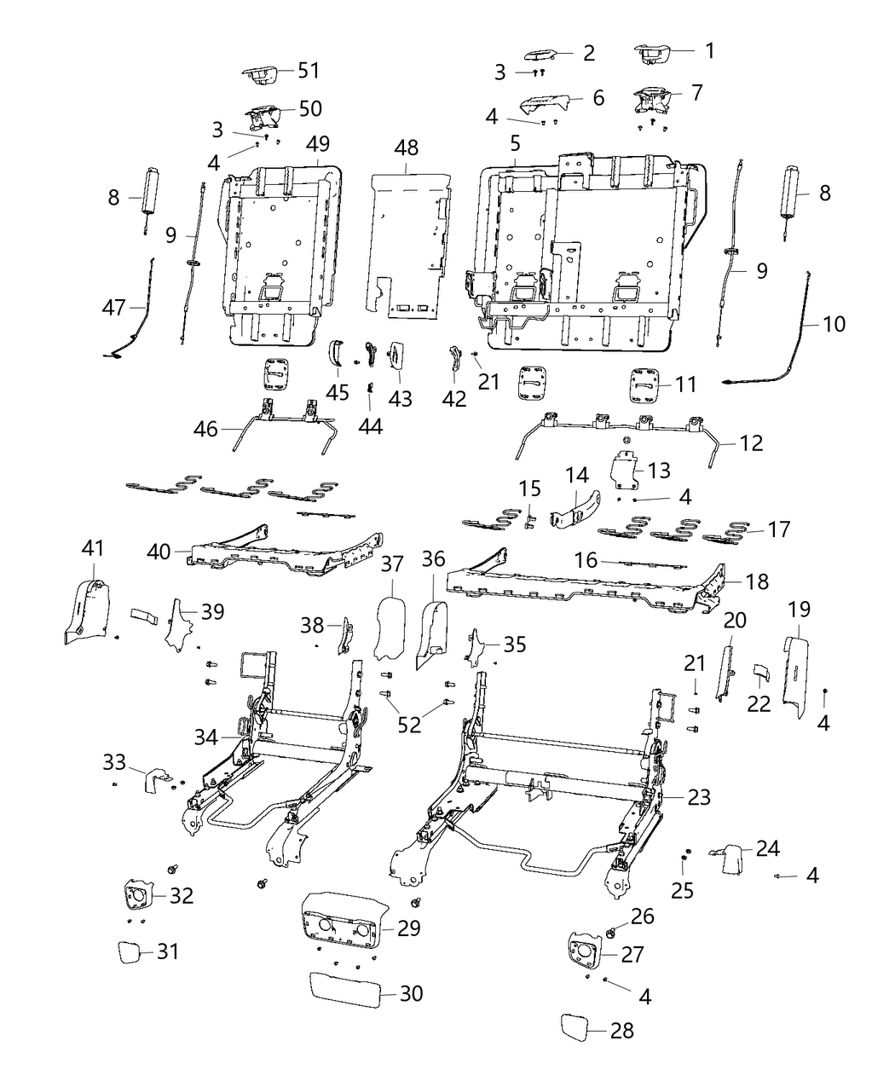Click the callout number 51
point(308,71)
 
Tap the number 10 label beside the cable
point(834,324)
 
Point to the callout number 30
point(410,993)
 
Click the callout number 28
point(622,1030)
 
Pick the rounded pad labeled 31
point(131,951)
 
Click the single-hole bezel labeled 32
point(138,896)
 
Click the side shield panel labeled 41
point(85,610)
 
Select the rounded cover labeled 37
point(391,629)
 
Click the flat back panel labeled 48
point(409,243)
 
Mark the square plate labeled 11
point(648,383)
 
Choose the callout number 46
point(205,429)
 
